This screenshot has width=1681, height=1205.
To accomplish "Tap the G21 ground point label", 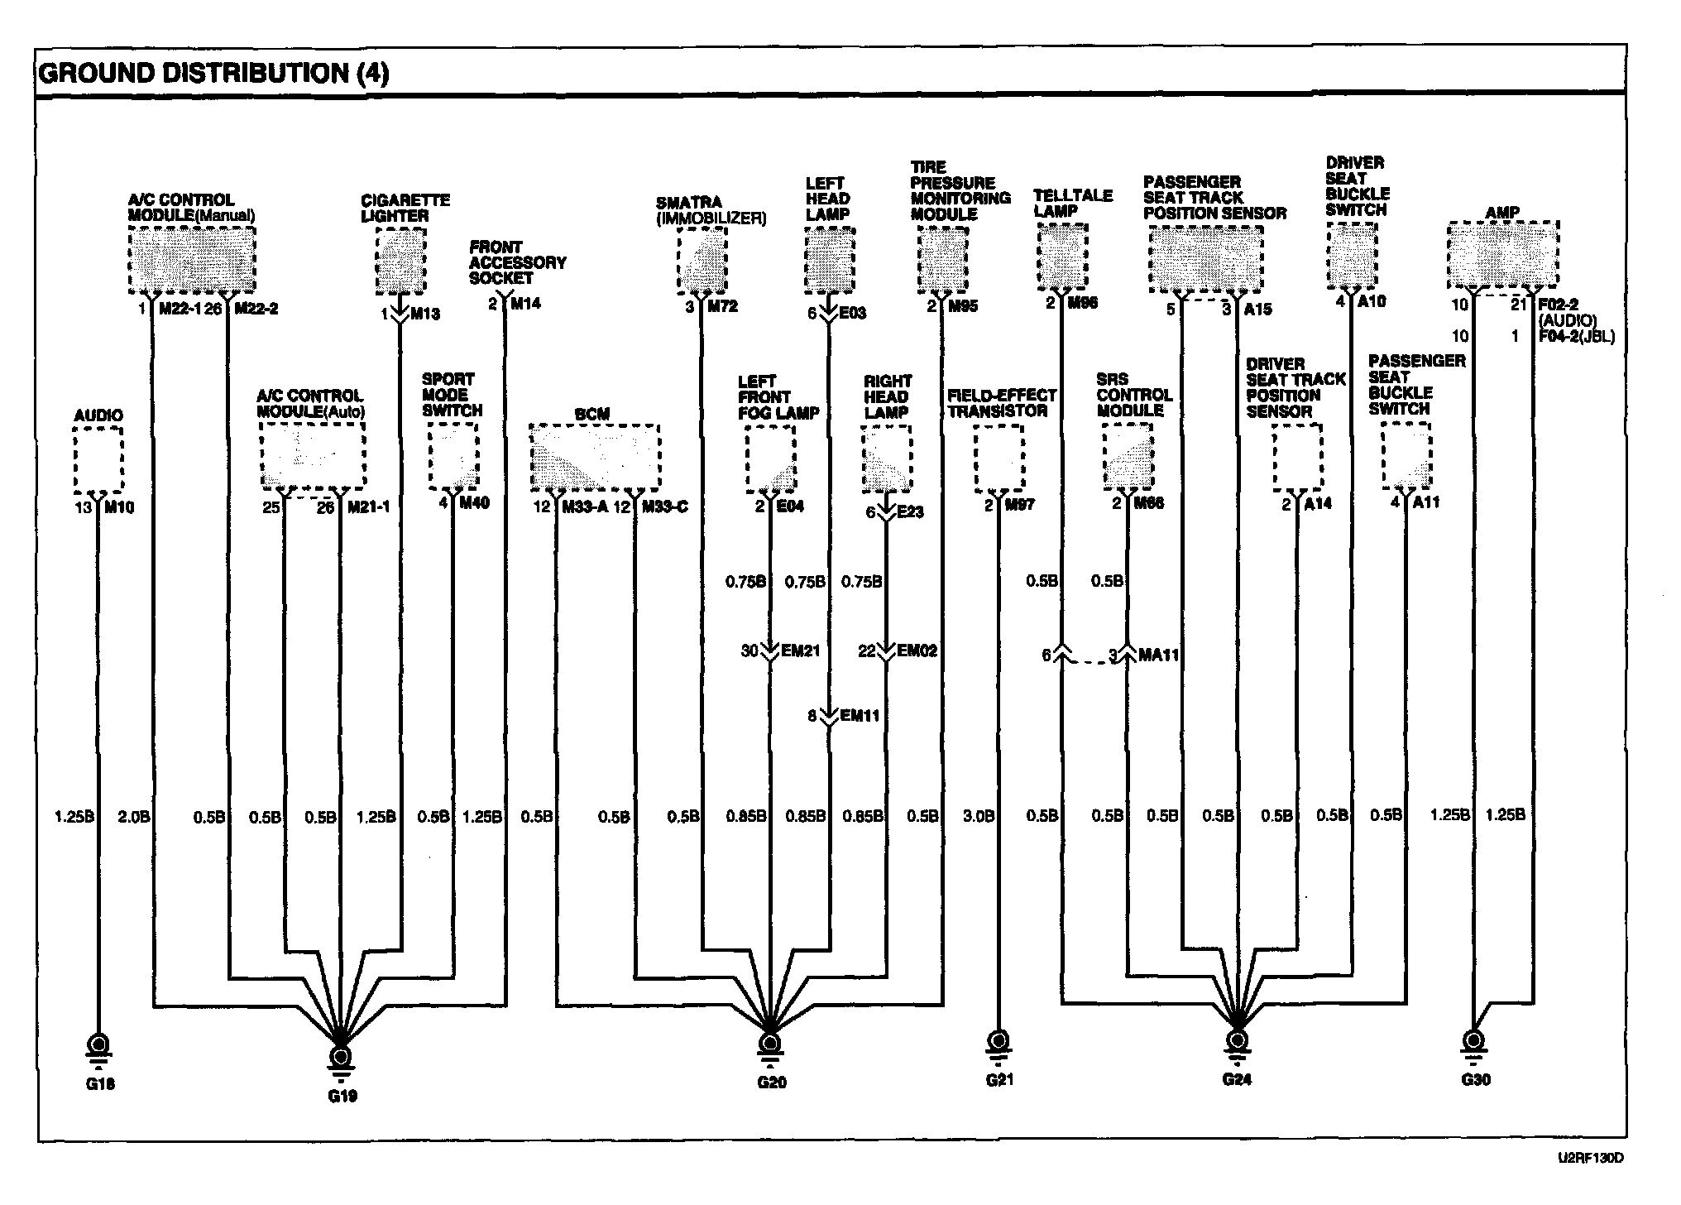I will pyautogui.click(x=999, y=1080).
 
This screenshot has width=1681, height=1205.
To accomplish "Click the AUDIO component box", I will pyautogui.click(x=98, y=460).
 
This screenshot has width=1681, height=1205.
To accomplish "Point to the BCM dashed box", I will pyautogui.click(x=594, y=458).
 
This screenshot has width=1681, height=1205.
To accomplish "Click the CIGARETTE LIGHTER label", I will pyautogui.click(x=405, y=208).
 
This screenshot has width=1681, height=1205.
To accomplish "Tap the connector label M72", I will pyautogui.click(x=721, y=307).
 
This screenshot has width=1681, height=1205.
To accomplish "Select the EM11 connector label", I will pyautogui.click(x=860, y=716).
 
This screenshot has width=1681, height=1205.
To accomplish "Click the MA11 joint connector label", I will pyautogui.click(x=1158, y=655).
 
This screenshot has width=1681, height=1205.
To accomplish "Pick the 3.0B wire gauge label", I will pyautogui.click(x=979, y=816).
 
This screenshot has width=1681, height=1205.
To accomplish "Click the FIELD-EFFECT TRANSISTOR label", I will pyautogui.click(x=1001, y=403).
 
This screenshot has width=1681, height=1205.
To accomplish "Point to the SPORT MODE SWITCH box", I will pyautogui.click(x=453, y=458).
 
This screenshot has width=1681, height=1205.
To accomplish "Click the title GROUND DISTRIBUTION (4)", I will pyautogui.click(x=213, y=74).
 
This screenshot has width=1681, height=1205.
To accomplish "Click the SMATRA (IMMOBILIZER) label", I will pyautogui.click(x=711, y=210).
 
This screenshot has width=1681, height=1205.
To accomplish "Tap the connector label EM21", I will pyautogui.click(x=801, y=651).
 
